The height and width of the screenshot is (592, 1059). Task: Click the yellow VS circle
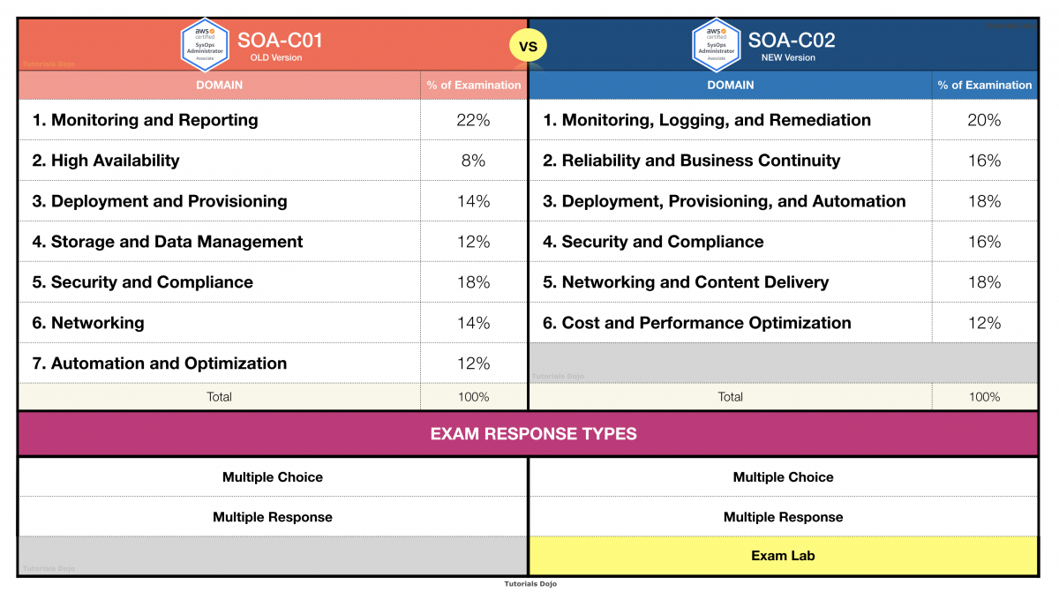click(x=528, y=45)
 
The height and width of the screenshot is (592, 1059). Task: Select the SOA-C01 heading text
click(x=280, y=40)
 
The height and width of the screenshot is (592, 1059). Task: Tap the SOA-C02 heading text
click(x=792, y=40)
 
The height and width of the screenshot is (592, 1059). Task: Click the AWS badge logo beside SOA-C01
click(x=206, y=44)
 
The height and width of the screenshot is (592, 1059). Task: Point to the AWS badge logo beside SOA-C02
click(x=716, y=44)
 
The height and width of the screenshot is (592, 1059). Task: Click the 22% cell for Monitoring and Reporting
click(x=473, y=120)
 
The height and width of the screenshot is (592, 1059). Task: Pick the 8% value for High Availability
click(x=473, y=161)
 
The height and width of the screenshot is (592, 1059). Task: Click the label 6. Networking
click(x=88, y=323)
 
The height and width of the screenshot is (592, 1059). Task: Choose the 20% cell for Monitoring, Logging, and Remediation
click(x=984, y=120)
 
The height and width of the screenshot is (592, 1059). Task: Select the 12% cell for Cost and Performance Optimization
click(x=984, y=323)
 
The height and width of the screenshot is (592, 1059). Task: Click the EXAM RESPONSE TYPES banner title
click(x=533, y=434)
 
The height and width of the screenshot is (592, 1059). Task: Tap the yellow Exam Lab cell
click(x=783, y=556)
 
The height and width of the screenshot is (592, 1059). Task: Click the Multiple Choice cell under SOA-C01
click(x=272, y=477)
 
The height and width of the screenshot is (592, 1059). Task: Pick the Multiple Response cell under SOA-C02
click(x=783, y=517)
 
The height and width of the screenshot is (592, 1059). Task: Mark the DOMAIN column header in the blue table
click(x=730, y=85)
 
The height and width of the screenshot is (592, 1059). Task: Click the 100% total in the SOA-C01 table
click(x=473, y=397)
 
